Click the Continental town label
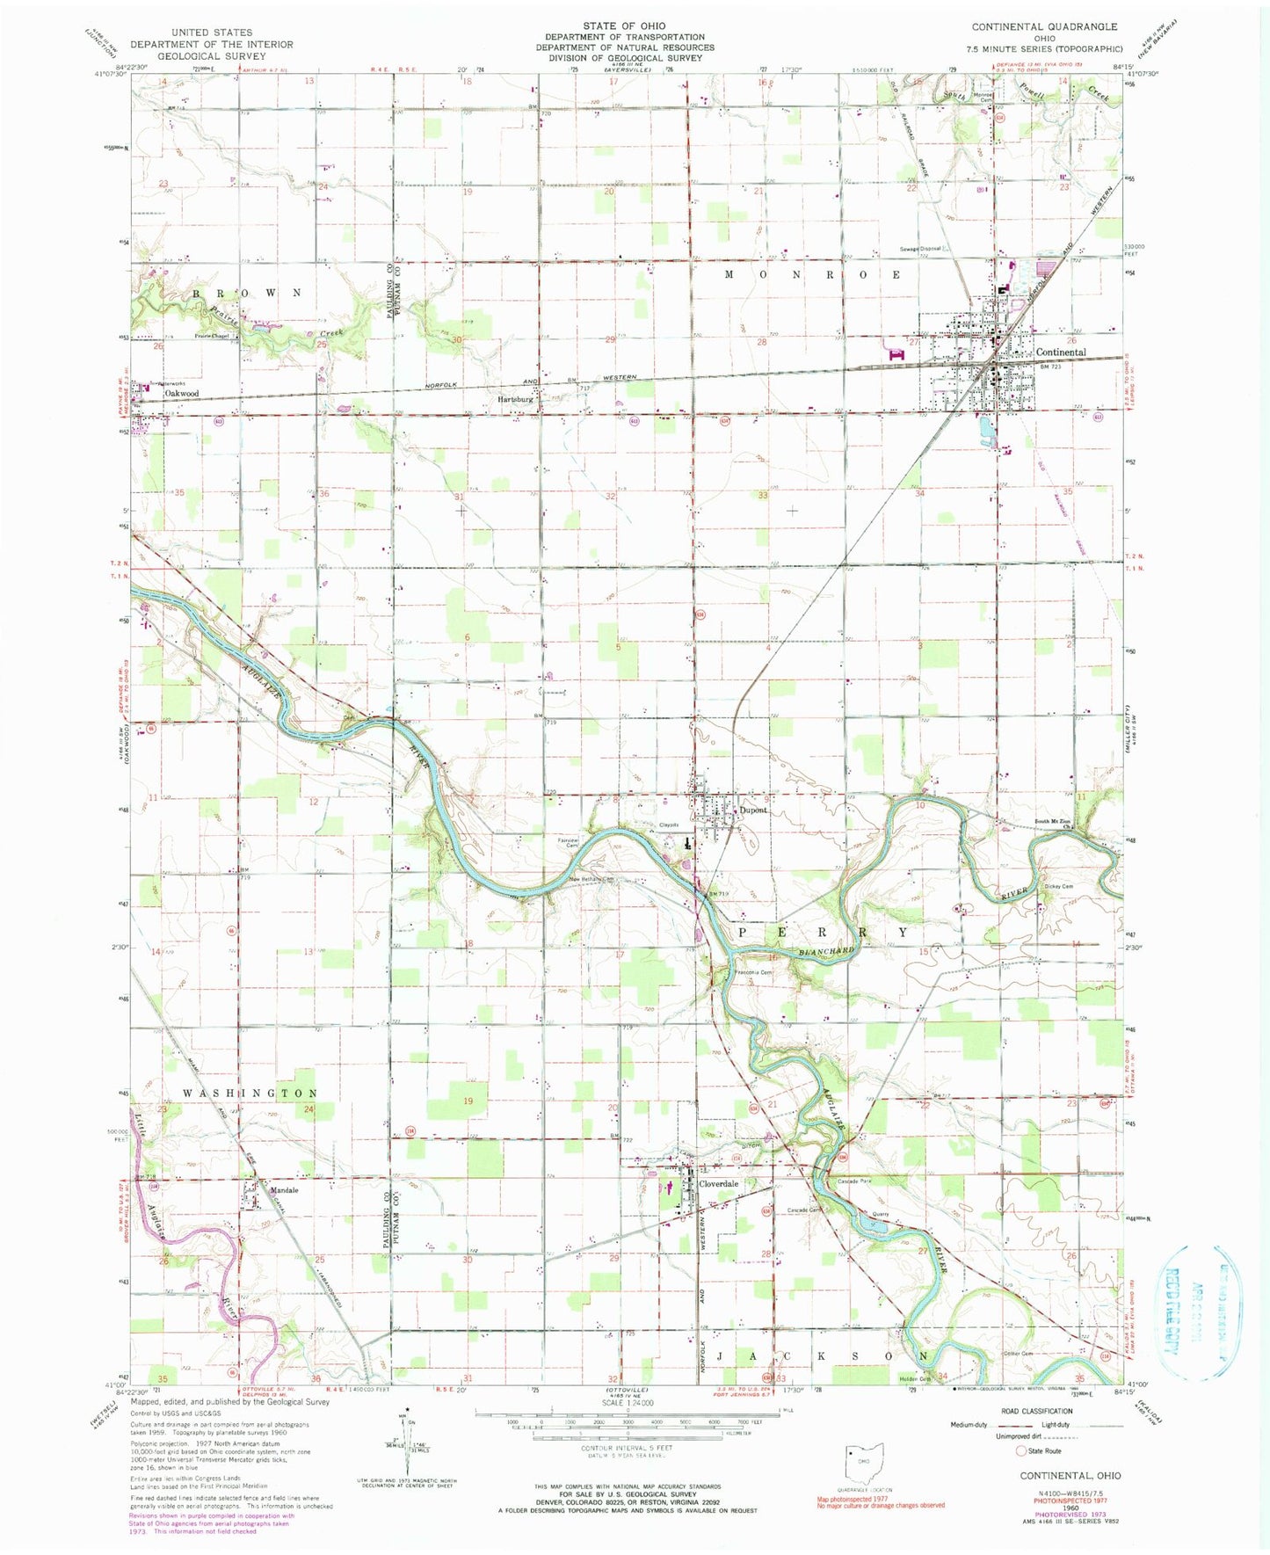click(1062, 352)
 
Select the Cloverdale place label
click(718, 1184)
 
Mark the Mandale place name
click(284, 1190)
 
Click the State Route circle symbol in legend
click(1022, 1450)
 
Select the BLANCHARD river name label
click(827, 951)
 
